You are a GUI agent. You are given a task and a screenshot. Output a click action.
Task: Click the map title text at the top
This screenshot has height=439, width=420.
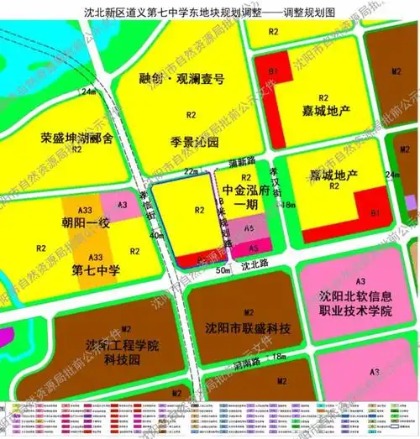[x=209, y=13]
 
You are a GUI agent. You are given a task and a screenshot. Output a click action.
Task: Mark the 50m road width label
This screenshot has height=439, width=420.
[x=222, y=270]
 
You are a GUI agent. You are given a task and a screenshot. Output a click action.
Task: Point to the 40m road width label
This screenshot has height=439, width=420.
[x=133, y=237]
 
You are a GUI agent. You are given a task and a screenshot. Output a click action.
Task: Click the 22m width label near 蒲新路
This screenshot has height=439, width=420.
[x=191, y=170]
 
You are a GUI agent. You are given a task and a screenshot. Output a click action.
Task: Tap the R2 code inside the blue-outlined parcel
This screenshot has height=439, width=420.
[x=198, y=211]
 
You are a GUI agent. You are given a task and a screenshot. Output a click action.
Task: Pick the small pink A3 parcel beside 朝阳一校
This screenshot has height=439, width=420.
[x=122, y=204]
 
